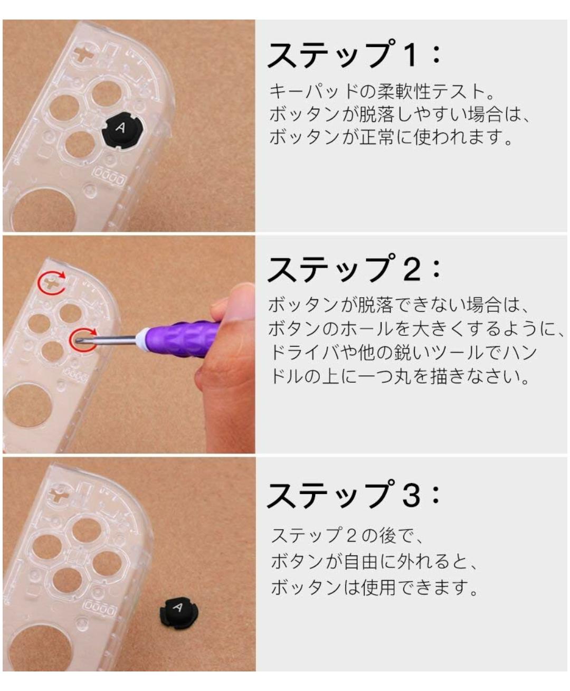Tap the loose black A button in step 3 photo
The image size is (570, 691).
[179, 611]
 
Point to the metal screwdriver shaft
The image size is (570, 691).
[106, 339]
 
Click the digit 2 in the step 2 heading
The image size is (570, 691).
[412, 270]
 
